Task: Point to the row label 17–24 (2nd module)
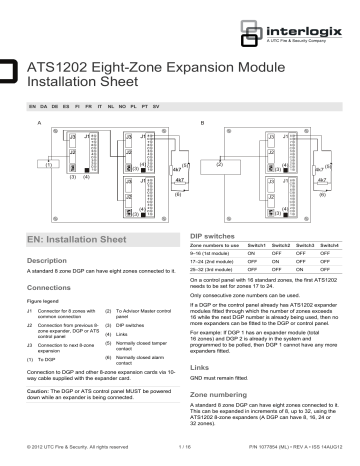click(x=216, y=262)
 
